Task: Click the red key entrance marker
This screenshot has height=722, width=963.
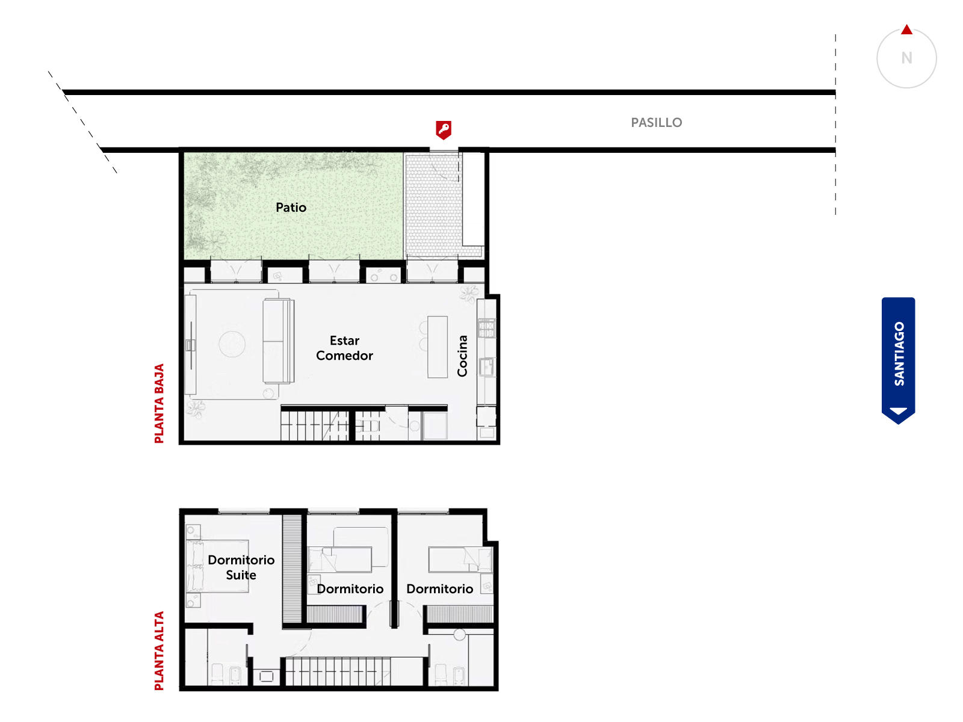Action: pos(444,130)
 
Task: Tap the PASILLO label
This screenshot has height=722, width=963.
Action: pos(656,122)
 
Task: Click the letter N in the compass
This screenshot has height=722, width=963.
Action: pos(906,58)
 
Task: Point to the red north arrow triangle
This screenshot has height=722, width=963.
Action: pos(906,29)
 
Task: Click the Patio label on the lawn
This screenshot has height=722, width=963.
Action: pos(291,208)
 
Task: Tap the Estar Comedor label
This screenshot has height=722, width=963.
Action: pos(344,348)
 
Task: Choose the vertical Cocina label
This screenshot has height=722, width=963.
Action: pos(462,356)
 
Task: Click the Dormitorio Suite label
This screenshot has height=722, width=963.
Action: pos(241,567)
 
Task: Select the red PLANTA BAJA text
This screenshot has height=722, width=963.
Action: pos(159,403)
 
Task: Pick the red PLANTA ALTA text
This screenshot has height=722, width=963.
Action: pos(159,651)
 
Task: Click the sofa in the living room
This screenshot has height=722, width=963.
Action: pos(278,341)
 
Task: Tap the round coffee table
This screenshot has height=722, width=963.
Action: pos(232,344)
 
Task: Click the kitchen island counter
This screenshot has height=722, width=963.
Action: pos(438,347)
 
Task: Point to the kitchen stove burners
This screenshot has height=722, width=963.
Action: pos(486,329)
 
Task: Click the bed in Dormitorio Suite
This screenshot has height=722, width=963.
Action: pos(218,566)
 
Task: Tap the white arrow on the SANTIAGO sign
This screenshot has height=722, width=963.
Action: pos(898,411)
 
